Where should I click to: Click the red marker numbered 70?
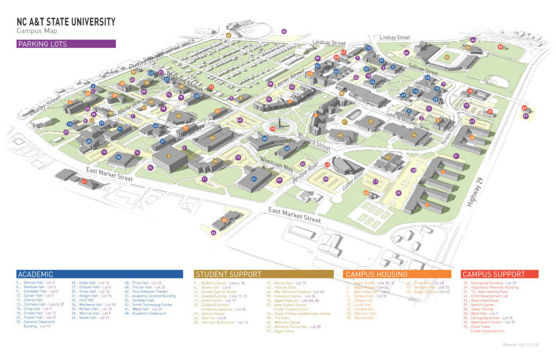[x=273, y=129]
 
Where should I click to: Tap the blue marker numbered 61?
[x=254, y=178]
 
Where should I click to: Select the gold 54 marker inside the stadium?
[x=447, y=56]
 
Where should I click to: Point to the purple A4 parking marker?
[x=473, y=40]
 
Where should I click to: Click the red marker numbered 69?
[x=327, y=165]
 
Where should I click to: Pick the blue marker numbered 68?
[x=264, y=139]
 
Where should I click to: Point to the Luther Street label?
[x=353, y=182]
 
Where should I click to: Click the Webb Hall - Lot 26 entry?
[x=142, y=309]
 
